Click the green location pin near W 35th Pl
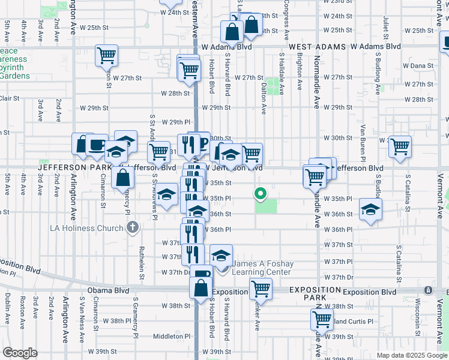260,194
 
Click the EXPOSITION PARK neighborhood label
307,293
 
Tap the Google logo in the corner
20,353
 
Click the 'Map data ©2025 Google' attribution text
411,355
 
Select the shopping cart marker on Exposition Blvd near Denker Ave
261,289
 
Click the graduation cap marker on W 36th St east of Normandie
370,209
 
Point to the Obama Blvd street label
108,290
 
